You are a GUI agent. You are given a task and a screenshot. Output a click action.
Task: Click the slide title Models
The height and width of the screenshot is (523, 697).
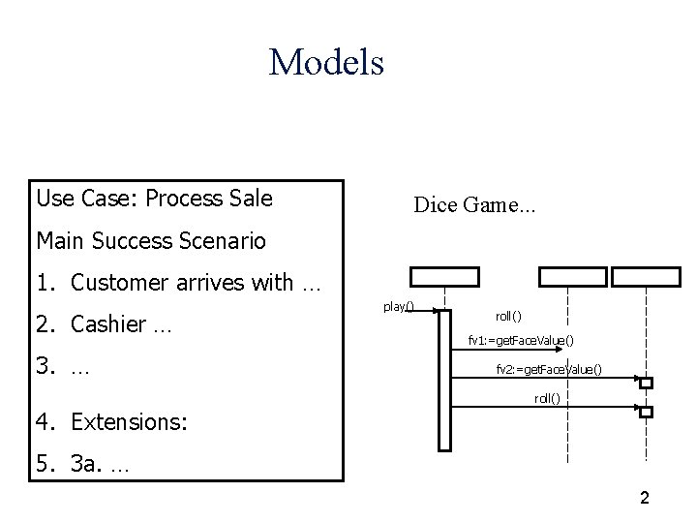(x=327, y=63)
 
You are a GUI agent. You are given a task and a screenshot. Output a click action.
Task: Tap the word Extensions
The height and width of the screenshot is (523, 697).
(x=124, y=422)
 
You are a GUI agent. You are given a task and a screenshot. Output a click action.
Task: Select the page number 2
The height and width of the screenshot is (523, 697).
(x=644, y=498)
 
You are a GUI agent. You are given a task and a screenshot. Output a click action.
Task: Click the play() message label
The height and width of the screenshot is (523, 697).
(x=398, y=307)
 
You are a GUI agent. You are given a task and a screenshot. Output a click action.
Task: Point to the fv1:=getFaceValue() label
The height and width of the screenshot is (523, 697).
(x=521, y=340)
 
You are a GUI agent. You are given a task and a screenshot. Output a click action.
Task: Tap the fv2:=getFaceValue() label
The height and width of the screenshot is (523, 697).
(x=549, y=369)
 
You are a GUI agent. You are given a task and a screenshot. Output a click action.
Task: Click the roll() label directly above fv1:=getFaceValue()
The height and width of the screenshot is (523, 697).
(x=508, y=316)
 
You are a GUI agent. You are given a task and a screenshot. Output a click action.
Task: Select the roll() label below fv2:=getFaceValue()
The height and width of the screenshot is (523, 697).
(x=548, y=398)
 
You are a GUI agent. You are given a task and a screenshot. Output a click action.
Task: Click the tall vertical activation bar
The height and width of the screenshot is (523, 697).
(x=444, y=378)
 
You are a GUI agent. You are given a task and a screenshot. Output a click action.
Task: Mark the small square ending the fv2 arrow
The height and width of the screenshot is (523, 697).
(x=646, y=383)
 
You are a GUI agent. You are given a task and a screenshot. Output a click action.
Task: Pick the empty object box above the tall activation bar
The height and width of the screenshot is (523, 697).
(x=444, y=275)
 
